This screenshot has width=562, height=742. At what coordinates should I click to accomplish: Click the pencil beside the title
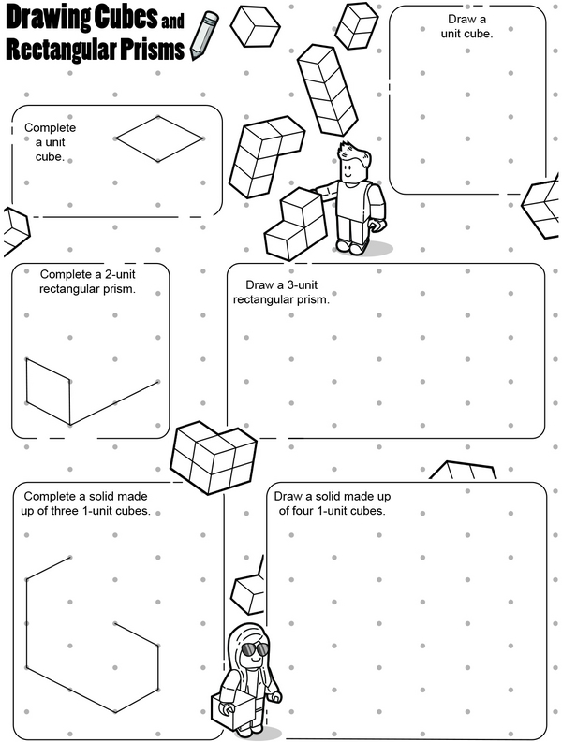tap(204, 36)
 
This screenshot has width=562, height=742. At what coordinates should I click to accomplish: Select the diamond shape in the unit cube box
tap(158, 138)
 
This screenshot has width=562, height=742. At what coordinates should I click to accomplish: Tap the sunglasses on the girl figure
tap(255, 649)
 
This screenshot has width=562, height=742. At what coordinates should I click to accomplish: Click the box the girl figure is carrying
tap(235, 711)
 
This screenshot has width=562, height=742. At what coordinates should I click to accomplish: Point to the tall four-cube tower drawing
tap(327, 90)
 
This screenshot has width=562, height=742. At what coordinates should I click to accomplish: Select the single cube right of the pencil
tap(255, 25)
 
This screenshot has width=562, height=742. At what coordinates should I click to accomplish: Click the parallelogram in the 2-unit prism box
tap(49, 391)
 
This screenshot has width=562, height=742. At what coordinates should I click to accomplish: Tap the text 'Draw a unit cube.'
tap(466, 26)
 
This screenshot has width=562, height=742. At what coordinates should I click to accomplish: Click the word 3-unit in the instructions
tap(303, 284)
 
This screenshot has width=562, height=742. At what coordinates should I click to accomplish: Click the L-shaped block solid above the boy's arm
tap(265, 156)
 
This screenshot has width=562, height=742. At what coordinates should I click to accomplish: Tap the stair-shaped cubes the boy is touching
tap(296, 224)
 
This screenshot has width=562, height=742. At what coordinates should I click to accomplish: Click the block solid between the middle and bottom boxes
tap(214, 458)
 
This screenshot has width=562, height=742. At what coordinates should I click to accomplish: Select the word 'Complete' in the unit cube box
tap(51, 128)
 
